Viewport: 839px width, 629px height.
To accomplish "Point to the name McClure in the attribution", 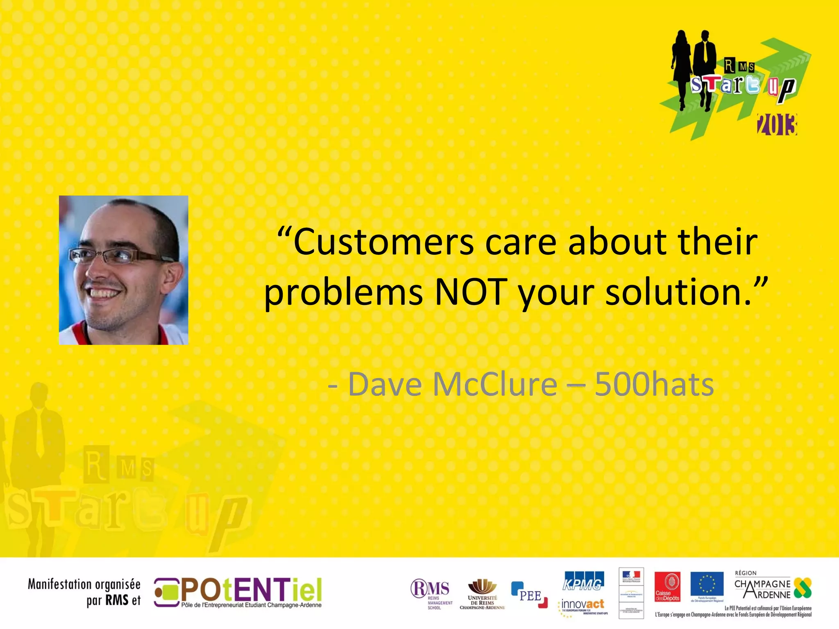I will [494, 385].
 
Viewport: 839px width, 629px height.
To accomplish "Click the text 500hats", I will [654, 385].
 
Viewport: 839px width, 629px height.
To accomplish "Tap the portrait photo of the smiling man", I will [123, 270].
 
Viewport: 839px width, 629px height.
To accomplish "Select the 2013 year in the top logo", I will [777, 125].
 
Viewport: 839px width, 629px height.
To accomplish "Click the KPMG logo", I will [583, 582].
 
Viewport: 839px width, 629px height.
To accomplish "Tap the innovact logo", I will [583, 605].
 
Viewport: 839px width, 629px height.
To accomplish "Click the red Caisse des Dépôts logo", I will [667, 587].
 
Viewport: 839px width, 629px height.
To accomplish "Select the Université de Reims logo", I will [482, 594].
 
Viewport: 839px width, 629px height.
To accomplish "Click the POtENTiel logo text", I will [251, 590].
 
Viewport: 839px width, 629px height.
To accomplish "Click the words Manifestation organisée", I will [84, 584].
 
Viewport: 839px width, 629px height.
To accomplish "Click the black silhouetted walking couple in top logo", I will [693, 68].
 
